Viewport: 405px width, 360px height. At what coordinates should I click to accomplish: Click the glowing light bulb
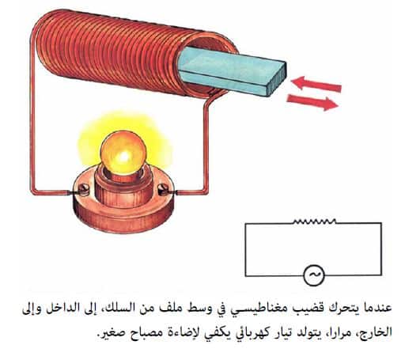123,153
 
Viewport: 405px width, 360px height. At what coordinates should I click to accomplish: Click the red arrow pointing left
316,84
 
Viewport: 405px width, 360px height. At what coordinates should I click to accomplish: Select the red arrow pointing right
312,102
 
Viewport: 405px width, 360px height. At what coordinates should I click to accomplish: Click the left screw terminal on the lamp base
84,189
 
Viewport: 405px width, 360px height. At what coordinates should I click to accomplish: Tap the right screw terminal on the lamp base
164,189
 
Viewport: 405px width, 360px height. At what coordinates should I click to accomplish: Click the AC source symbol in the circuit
313,275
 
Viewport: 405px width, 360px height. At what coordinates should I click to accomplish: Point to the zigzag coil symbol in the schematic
315,221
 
